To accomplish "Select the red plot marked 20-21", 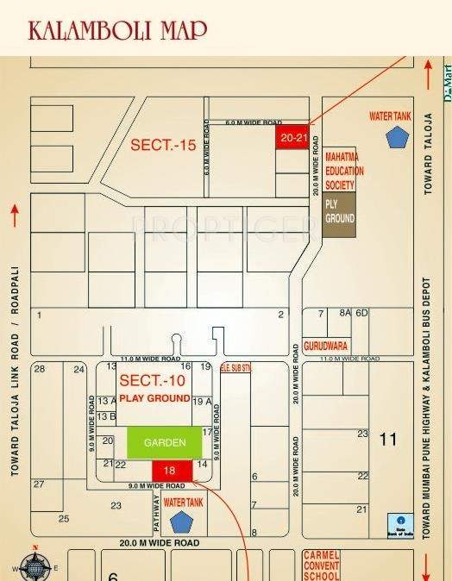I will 292,137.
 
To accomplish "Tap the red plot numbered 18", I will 169,471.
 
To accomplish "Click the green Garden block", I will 165,442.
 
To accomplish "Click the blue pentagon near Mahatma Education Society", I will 397,137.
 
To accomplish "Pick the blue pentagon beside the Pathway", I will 181,522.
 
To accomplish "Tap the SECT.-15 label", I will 163,146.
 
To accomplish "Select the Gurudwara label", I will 325,345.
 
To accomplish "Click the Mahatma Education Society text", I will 344,172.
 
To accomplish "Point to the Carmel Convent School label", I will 321,565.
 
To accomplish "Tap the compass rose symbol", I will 35,565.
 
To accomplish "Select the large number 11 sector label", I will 388,440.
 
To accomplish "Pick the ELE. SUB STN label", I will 235,368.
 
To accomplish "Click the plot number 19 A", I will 202,402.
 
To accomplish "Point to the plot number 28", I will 39,369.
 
